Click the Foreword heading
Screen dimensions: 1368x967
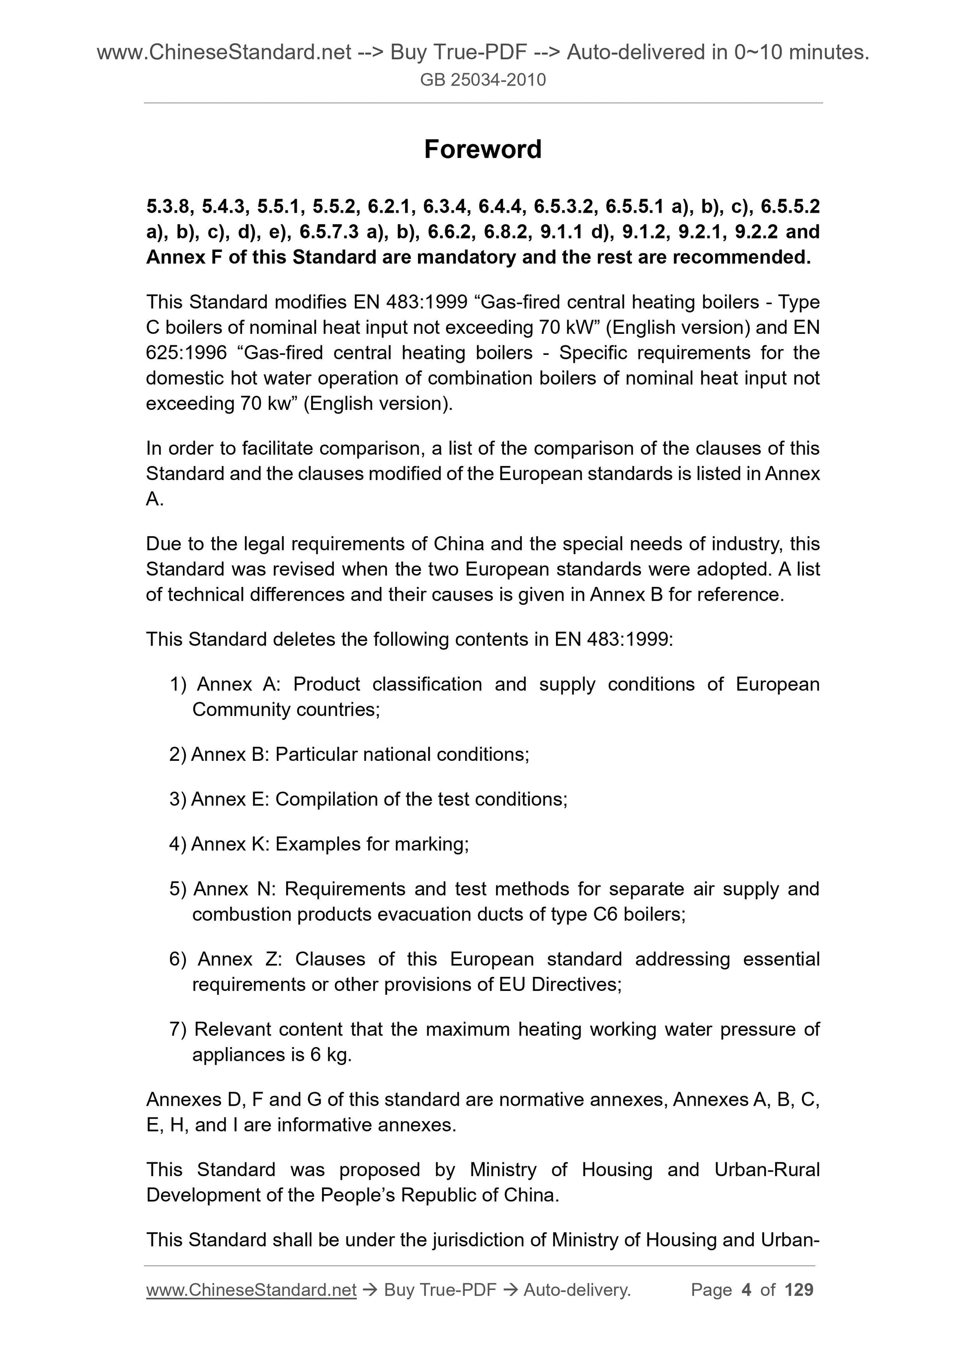pyautogui.click(x=483, y=149)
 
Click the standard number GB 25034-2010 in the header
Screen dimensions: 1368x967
pyautogui.click(x=483, y=80)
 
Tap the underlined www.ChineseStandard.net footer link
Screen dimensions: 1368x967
pyautogui.click(x=251, y=1290)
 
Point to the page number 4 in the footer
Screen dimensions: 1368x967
pyautogui.click(x=746, y=1290)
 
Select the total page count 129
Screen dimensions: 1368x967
pyautogui.click(x=799, y=1290)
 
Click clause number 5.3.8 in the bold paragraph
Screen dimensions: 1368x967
pyautogui.click(x=167, y=207)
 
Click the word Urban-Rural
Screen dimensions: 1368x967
pyautogui.click(x=767, y=1170)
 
